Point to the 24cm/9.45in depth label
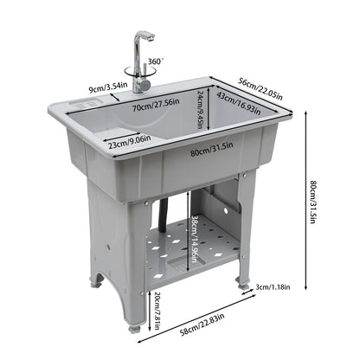pyautogui.click(x=200, y=110)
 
